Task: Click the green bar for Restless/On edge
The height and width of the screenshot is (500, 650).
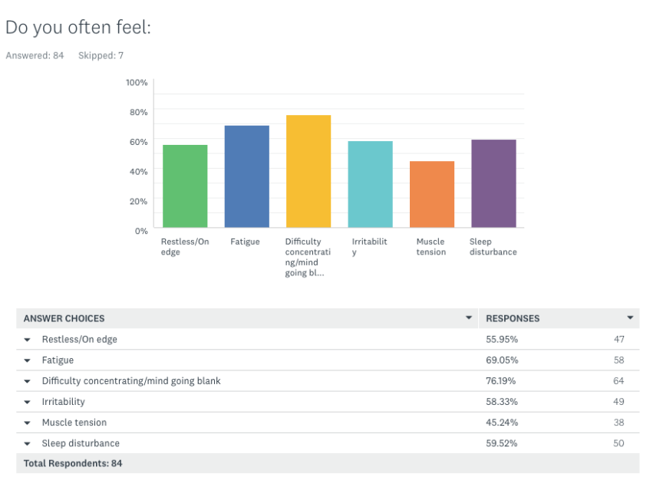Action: pyautogui.click(x=185, y=186)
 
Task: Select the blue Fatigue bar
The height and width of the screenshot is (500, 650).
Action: pyautogui.click(x=246, y=176)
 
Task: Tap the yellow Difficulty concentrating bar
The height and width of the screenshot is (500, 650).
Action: pyautogui.click(x=309, y=171)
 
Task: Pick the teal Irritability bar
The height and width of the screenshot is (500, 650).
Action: pyautogui.click(x=370, y=184)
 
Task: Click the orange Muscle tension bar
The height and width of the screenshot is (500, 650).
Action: pyautogui.click(x=432, y=194)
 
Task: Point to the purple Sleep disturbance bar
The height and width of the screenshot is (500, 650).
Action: pyautogui.click(x=493, y=183)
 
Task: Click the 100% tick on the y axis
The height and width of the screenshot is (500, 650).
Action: pyautogui.click(x=137, y=82)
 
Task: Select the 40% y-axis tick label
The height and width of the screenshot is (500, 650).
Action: pyautogui.click(x=138, y=171)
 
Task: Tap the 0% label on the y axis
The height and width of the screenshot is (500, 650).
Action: pyautogui.click(x=141, y=231)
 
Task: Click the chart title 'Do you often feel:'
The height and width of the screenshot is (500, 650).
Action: pyautogui.click(x=78, y=28)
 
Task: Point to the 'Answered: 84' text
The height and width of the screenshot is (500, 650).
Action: pyautogui.click(x=35, y=56)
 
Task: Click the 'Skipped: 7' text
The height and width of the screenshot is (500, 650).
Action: pyautogui.click(x=101, y=56)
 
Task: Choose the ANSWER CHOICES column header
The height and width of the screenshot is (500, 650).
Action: pyautogui.click(x=64, y=318)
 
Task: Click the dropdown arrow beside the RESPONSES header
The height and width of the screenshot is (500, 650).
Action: pyautogui.click(x=630, y=317)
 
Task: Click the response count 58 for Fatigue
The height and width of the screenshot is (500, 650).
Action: pyautogui.click(x=619, y=360)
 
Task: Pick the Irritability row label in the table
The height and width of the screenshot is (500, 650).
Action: pyautogui.click(x=64, y=402)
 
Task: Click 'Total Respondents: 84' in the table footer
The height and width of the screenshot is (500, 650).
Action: pyautogui.click(x=73, y=463)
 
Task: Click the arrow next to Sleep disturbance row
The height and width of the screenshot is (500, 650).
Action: pyautogui.click(x=28, y=443)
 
